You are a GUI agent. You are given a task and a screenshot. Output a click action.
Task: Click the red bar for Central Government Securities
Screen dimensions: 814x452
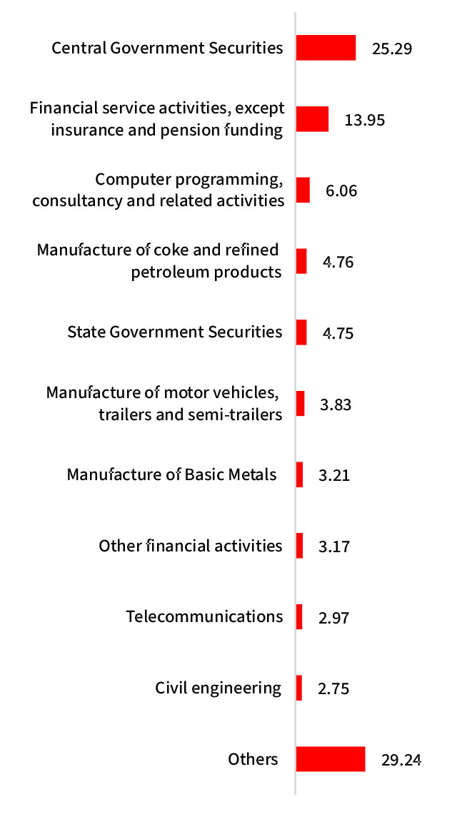pyautogui.click(x=326, y=48)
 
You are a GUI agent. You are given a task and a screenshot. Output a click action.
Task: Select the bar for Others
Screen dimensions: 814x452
pyautogui.click(x=331, y=759)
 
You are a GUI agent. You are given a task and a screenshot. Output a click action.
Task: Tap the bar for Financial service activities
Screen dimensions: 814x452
pyautogui.click(x=312, y=119)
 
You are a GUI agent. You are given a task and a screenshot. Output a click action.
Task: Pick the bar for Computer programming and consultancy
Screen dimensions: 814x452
pyautogui.click(x=303, y=190)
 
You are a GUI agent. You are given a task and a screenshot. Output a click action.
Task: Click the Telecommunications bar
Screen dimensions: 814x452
pyautogui.click(x=299, y=616)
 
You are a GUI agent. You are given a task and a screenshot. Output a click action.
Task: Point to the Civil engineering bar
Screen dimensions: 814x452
pyautogui.click(x=299, y=688)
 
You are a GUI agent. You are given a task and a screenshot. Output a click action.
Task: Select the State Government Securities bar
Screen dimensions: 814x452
pyautogui.click(x=301, y=332)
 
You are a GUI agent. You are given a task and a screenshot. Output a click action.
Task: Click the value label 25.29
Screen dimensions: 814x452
pyautogui.click(x=392, y=49)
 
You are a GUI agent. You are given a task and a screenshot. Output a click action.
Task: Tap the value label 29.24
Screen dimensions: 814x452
pyautogui.click(x=401, y=760)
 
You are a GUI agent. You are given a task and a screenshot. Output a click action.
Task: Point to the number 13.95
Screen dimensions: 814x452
pyautogui.click(x=364, y=120)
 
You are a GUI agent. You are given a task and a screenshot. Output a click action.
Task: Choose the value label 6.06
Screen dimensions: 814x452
pyautogui.click(x=341, y=191)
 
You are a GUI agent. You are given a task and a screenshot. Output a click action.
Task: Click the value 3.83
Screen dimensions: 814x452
pyautogui.click(x=336, y=405)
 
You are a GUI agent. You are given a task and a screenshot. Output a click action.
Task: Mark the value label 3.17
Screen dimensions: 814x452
pyautogui.click(x=333, y=547)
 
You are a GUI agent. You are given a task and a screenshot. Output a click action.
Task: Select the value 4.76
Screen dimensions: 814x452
pyautogui.click(x=338, y=262)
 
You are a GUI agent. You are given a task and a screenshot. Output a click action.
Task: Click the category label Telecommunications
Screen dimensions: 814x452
pyautogui.click(x=204, y=616)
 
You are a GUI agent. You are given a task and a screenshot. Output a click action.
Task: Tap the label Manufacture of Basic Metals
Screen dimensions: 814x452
pyautogui.click(x=171, y=474)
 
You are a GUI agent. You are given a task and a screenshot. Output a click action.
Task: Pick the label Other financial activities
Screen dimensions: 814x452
pyautogui.click(x=191, y=546)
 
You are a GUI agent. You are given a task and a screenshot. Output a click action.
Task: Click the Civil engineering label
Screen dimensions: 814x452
pyautogui.click(x=218, y=688)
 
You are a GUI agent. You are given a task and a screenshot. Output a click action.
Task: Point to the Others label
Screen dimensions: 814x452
pyautogui.click(x=253, y=759)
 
